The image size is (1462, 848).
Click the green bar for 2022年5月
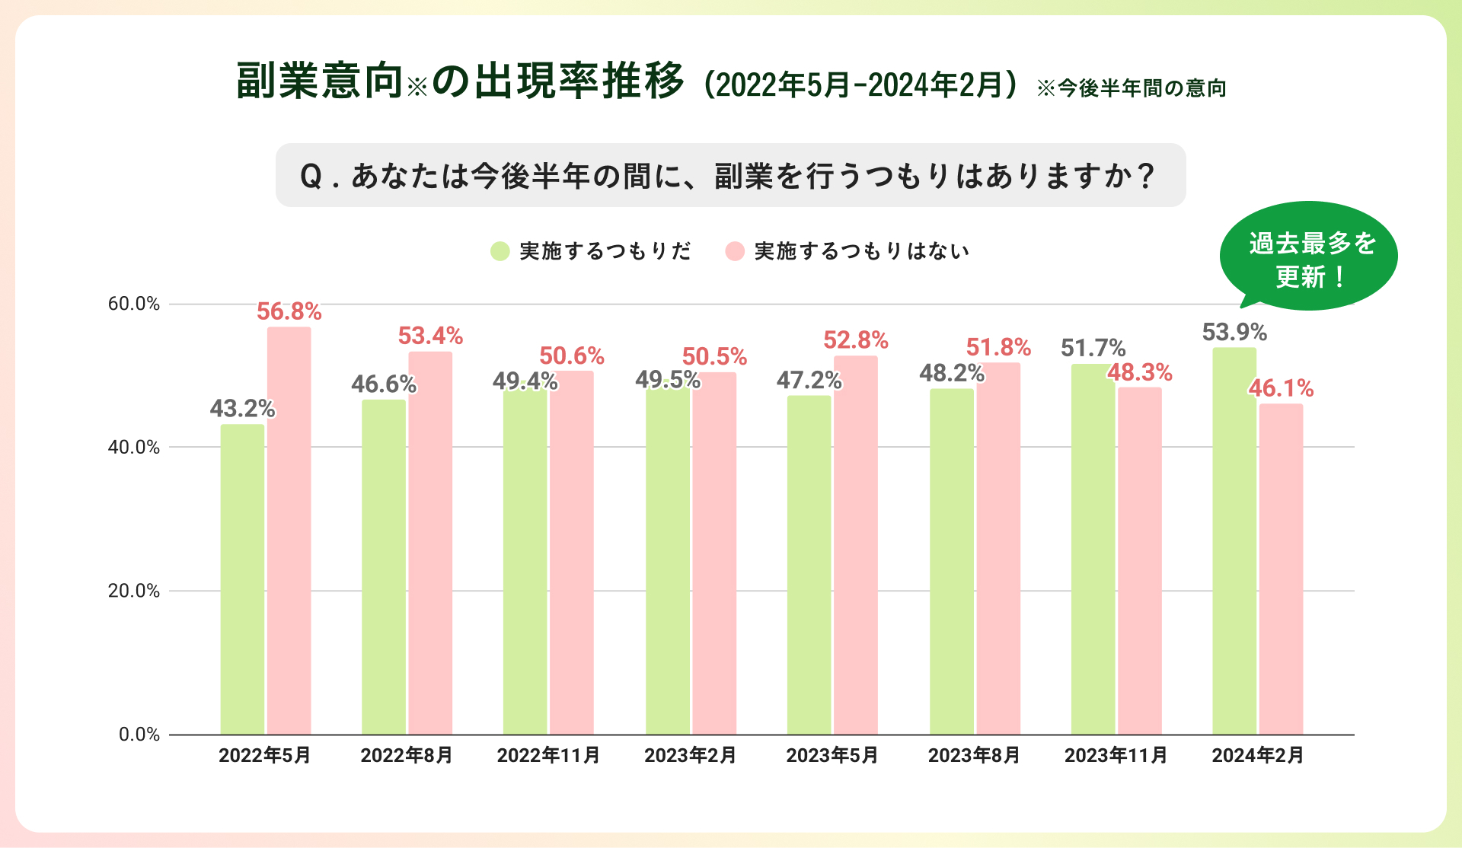click(242, 579)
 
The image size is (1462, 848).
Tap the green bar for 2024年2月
click(1234, 540)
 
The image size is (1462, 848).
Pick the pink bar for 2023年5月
click(855, 544)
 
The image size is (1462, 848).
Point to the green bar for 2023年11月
click(1093, 548)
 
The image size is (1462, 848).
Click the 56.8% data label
click(289, 311)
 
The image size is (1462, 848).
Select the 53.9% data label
click(1234, 332)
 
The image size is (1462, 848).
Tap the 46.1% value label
click(1281, 388)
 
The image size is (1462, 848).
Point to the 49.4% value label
click(525, 381)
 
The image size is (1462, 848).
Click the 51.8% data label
click(998, 347)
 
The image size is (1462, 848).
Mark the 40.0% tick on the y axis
click(134, 447)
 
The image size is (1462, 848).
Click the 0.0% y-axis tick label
click(139, 735)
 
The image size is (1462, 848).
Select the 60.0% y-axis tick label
click(134, 304)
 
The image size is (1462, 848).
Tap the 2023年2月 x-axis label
click(690, 755)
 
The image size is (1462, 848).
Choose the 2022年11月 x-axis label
click(548, 755)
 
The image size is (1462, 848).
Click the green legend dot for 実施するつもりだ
click(500, 251)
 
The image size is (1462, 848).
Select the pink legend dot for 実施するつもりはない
click(735, 251)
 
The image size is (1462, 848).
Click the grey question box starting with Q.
click(730, 175)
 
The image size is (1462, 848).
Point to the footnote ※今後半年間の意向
click(1132, 88)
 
